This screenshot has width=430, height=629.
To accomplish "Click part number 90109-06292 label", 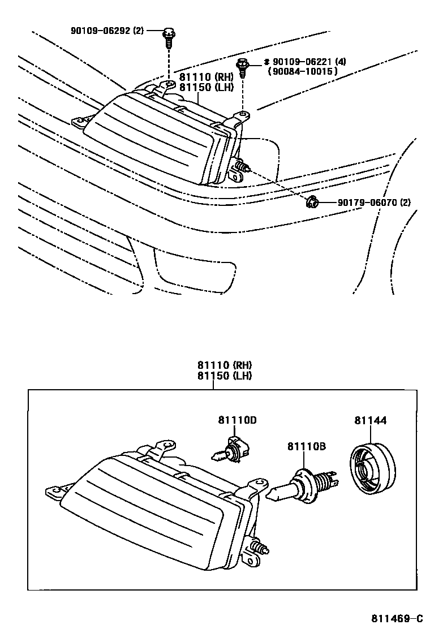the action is [100, 31].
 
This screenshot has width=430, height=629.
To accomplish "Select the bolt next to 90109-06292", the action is [169, 37].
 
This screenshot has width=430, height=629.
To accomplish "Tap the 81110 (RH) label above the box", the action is [224, 365].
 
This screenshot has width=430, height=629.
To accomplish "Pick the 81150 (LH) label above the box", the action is [224, 376].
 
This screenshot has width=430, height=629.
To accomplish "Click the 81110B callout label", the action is [306, 447].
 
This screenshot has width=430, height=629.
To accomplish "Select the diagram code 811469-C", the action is [397, 618].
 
